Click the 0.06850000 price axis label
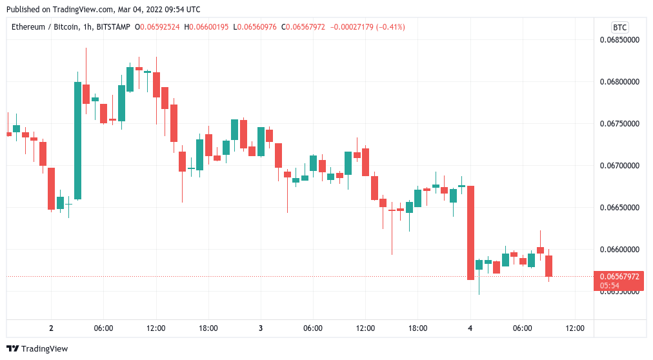pos(619,40)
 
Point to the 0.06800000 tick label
pos(619,82)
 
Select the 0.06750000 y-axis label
pos(619,124)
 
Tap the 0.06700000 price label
pos(619,166)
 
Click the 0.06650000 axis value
pos(619,208)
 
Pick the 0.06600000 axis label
pos(619,250)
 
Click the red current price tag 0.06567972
pos(619,277)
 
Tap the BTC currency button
pos(619,27)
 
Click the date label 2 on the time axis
pos(51,328)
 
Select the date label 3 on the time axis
pos(261,328)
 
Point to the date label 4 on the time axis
pos(470,328)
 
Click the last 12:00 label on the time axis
pos(575,328)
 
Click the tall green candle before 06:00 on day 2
pos(77,140)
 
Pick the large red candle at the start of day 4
pos(471,232)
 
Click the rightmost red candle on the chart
pos(549,266)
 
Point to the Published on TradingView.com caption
pos(103,10)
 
